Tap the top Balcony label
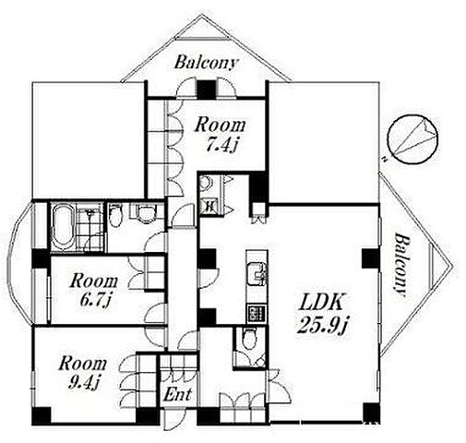(206, 63)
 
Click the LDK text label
(321, 303)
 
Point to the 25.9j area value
(322, 325)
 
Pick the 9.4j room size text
(84, 382)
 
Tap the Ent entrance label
(177, 394)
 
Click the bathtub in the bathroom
(63, 226)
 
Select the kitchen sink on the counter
(257, 274)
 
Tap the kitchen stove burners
(257, 313)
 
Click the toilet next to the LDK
(249, 339)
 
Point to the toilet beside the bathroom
(116, 215)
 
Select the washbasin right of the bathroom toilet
(146, 213)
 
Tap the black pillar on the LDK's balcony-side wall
(370, 257)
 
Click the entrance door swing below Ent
(173, 420)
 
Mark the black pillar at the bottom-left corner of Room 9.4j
(42, 416)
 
